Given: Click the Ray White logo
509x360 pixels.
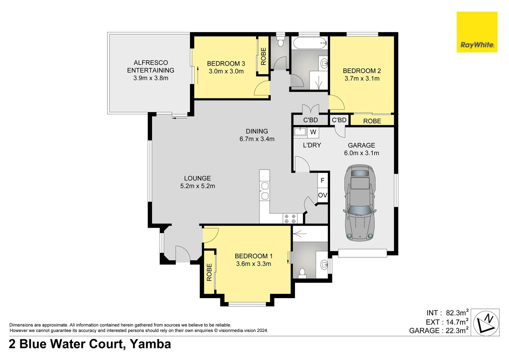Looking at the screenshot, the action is [x=477, y=32].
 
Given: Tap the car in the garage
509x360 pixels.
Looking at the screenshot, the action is [x=360, y=203].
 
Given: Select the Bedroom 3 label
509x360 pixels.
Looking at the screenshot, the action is [x=226, y=63].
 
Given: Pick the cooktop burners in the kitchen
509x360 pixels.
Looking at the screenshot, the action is [x=290, y=219].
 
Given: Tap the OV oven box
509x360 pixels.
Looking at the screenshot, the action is [x=323, y=195].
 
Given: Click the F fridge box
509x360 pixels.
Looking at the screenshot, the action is [x=323, y=180].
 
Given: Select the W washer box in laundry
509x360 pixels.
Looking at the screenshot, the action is [x=313, y=132].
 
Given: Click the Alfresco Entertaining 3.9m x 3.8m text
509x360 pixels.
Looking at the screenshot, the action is [x=151, y=70].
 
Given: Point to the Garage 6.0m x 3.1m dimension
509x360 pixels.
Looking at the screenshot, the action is [x=362, y=153].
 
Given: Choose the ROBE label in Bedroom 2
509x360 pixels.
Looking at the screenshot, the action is [x=372, y=121].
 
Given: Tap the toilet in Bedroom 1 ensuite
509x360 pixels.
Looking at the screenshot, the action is [x=302, y=273].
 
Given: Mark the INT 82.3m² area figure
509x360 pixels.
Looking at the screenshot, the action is [x=447, y=313].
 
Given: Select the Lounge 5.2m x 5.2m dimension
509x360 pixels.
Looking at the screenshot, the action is [x=197, y=186].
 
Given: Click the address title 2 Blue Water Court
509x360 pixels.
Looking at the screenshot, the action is [x=66, y=344].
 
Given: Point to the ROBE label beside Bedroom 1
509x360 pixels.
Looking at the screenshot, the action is [x=209, y=272].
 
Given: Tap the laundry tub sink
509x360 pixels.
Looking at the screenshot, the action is [x=300, y=132].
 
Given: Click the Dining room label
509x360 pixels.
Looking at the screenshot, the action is [x=257, y=131].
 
